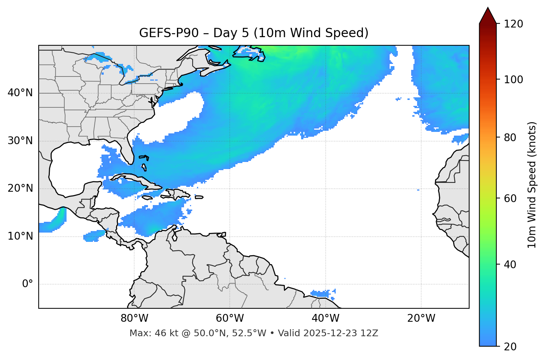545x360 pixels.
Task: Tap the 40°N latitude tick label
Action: click(20, 93)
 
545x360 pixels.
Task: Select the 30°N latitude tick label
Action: click(20, 141)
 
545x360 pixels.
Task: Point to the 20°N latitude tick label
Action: click(20, 188)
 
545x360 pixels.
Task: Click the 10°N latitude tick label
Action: click(20, 236)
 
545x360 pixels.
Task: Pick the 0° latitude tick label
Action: click(27, 284)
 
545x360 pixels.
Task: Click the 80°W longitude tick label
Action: click(134, 318)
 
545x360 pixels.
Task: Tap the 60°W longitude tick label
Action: click(230, 318)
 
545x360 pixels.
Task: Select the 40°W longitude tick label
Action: click(325, 318)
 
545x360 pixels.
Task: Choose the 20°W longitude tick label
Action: click(421, 318)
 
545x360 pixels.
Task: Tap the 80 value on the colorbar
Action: click(510, 137)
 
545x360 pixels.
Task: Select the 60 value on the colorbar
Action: click(510, 198)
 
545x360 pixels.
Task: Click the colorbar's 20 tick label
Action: click(510, 347)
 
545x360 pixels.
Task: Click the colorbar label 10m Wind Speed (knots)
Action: click(532, 185)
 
